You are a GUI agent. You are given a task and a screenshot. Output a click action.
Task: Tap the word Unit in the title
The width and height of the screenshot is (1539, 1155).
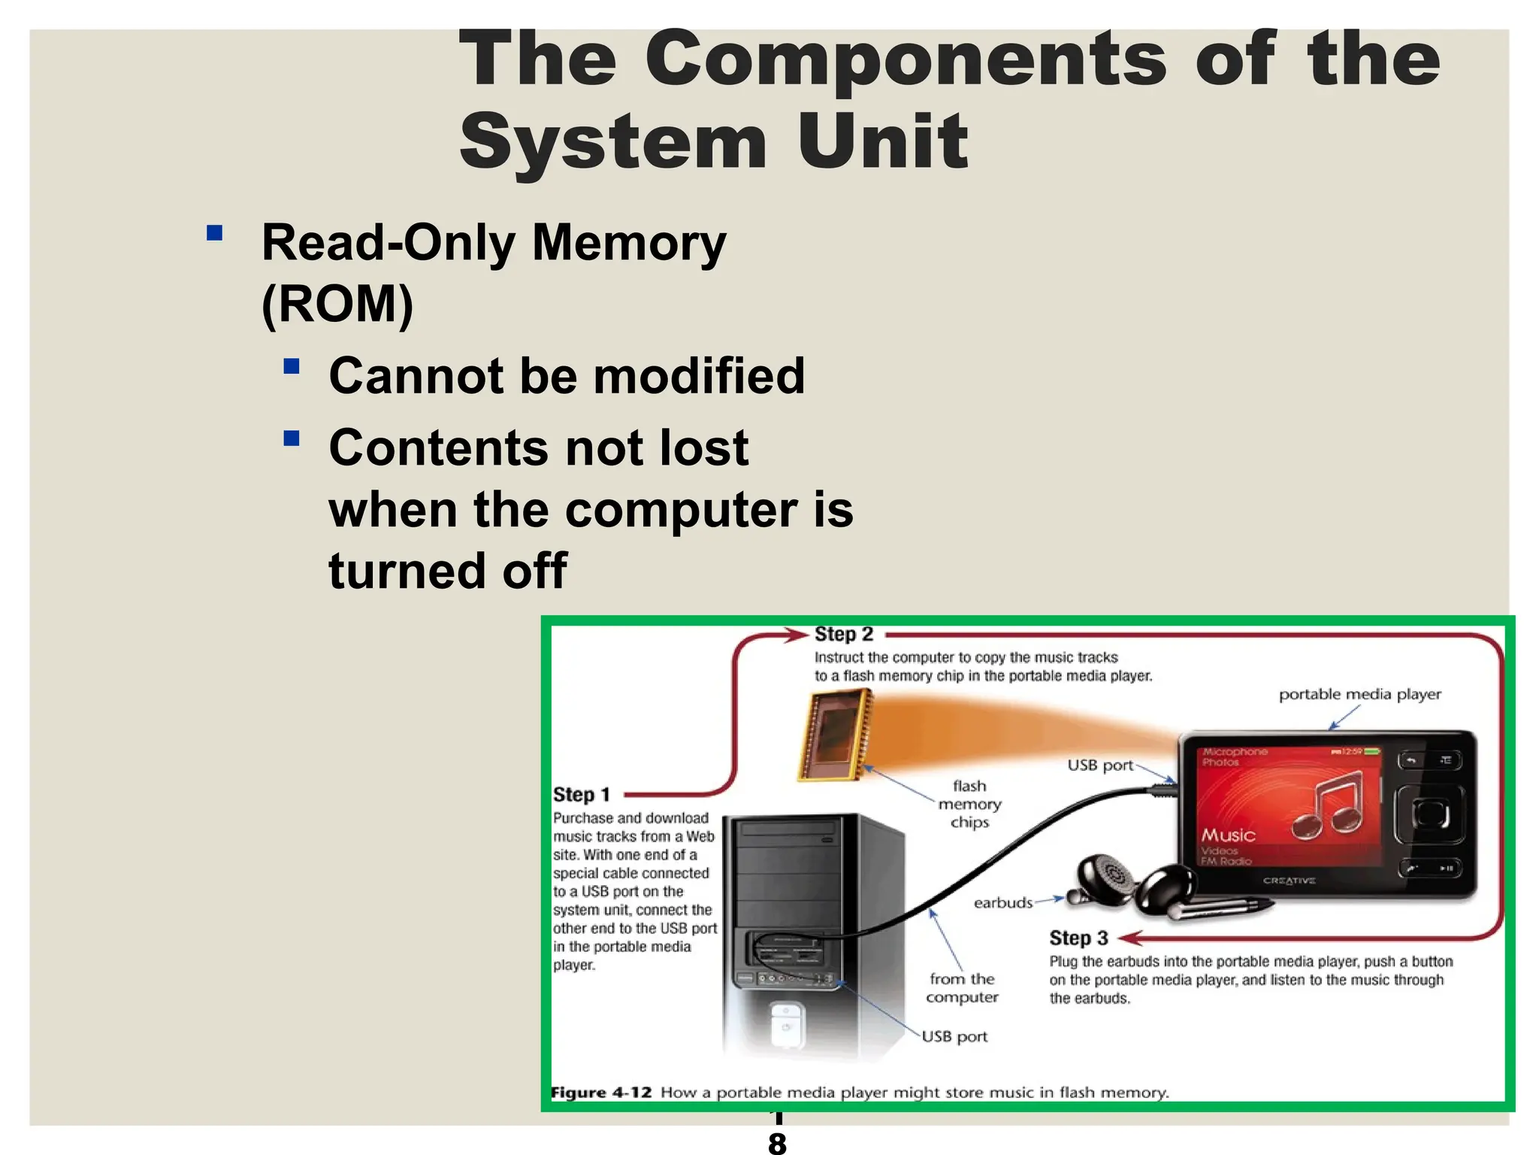pos(883,142)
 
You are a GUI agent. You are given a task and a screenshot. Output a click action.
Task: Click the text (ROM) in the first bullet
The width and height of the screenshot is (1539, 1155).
pos(337,304)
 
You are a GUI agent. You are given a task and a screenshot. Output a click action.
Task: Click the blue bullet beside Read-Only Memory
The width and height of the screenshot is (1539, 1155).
pos(215,233)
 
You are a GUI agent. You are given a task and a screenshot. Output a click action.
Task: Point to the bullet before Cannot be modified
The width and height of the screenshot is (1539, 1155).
pos(292,367)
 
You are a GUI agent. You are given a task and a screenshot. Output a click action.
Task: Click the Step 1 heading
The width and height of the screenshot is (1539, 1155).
pos(581,795)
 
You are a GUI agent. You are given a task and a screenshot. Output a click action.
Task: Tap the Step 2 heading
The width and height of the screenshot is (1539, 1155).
pos(844,635)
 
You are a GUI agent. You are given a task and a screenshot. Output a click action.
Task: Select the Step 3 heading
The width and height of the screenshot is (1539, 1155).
pos(1078,938)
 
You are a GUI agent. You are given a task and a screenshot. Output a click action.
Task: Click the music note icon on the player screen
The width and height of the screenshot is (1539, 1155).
pos(1329,808)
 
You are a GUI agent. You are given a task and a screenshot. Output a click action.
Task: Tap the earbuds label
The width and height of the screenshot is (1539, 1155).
pos(1002,903)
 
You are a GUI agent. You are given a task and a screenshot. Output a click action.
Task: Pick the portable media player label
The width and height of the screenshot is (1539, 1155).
pos(1359,695)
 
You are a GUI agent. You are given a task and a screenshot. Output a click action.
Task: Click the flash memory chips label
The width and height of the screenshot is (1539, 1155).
pos(969,804)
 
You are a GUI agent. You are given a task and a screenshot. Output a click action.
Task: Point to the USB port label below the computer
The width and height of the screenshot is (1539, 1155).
pos(954,1037)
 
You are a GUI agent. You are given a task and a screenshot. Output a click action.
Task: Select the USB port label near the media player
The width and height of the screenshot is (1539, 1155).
pos(1099,765)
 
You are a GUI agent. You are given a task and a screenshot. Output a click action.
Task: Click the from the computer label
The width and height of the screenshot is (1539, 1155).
pos(962,988)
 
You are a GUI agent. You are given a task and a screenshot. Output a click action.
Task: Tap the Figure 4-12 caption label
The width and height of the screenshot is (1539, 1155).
pos(601,1093)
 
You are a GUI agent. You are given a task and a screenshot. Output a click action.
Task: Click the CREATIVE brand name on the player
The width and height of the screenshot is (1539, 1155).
pos(1289,881)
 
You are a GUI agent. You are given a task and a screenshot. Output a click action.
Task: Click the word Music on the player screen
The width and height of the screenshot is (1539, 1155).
pos(1228,835)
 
